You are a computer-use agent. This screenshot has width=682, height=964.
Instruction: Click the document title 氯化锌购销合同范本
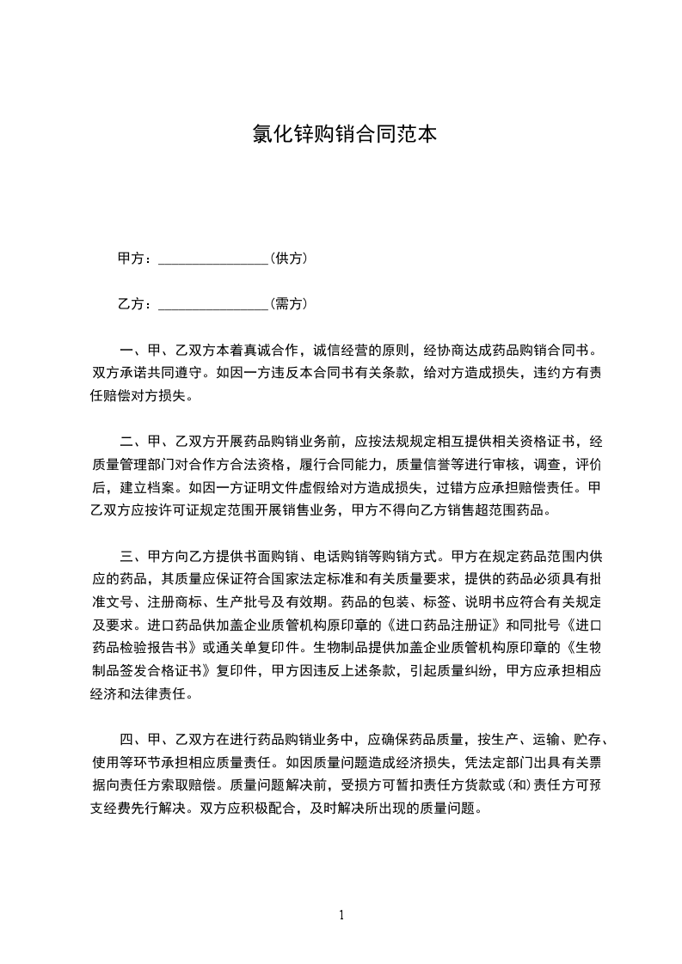(341, 134)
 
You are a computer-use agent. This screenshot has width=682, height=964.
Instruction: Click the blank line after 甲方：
(214, 259)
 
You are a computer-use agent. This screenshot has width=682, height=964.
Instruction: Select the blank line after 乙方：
(214, 304)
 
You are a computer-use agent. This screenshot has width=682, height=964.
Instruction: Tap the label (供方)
(289, 258)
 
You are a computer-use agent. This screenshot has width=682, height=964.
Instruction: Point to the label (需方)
(289, 303)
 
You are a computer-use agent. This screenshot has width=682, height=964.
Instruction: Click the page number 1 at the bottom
(341, 914)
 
